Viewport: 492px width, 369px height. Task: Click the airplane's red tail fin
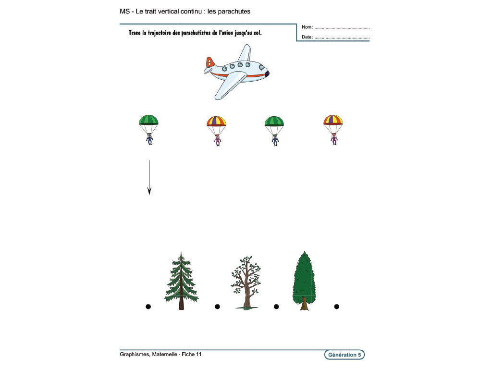[210, 62]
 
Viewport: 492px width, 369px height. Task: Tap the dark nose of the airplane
[267, 73]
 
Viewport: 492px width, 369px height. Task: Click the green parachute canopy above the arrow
[149, 120]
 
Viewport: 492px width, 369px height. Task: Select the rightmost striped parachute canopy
[333, 120]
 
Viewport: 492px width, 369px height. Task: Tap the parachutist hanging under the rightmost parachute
[334, 139]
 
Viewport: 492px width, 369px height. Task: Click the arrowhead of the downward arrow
[149, 191]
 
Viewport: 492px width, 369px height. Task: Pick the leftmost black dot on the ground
[148, 306]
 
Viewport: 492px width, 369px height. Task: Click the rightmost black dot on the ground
[336, 306]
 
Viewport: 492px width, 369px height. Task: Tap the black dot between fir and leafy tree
[217, 306]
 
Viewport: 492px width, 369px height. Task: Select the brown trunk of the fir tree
[181, 303]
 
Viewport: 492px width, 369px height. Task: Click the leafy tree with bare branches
[246, 281]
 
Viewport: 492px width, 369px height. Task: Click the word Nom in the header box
[307, 27]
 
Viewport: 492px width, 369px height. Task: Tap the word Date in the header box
[307, 37]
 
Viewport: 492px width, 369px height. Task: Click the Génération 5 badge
[344, 355]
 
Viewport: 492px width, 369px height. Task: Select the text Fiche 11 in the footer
[192, 355]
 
